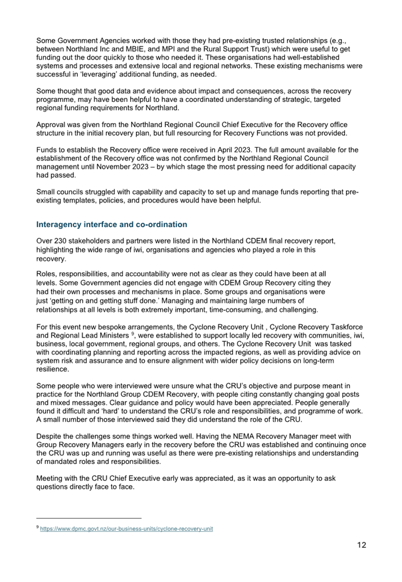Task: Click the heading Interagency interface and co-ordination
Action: [111, 224]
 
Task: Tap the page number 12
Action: [362, 545]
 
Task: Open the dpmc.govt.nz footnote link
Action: [126, 529]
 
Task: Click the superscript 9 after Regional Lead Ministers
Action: [133, 334]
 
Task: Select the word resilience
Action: [52, 369]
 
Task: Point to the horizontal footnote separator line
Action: [89, 518]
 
